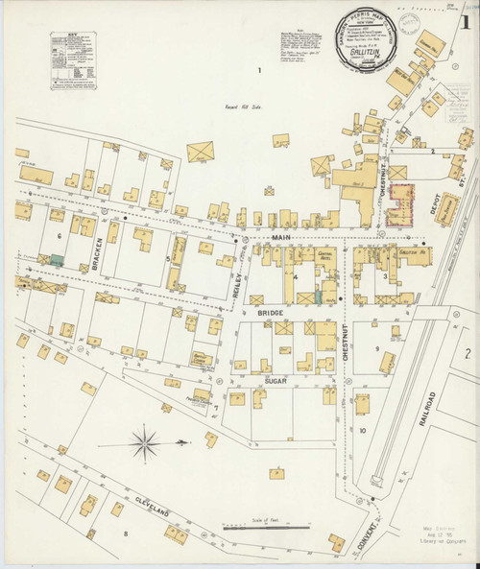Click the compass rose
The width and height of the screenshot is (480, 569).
tap(145, 443)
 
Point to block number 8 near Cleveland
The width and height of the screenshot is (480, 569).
tap(124, 532)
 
